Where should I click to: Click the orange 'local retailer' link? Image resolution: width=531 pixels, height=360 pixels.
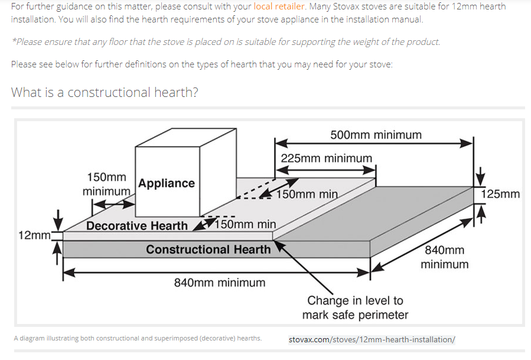click(x=279, y=7)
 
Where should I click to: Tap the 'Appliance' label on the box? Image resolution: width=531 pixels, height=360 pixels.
click(x=167, y=183)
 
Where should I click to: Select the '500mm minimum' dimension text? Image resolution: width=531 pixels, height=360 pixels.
click(x=376, y=135)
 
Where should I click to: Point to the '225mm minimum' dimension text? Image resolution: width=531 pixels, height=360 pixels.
click(x=327, y=158)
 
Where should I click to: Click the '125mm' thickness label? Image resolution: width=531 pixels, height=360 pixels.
click(x=500, y=194)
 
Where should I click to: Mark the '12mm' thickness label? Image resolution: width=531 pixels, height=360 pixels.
click(x=34, y=235)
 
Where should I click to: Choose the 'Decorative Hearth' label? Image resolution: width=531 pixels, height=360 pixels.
click(x=137, y=226)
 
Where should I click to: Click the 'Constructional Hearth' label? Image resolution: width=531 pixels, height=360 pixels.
click(x=209, y=249)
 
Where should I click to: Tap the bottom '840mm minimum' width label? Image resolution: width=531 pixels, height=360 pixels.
click(x=220, y=283)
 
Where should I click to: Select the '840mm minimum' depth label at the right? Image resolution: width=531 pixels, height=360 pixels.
click(x=445, y=257)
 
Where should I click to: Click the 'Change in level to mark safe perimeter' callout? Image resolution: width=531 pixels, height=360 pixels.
click(x=355, y=308)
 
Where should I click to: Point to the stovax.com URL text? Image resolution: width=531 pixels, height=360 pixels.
click(x=372, y=340)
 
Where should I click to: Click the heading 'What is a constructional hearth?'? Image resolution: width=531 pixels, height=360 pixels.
click(x=105, y=92)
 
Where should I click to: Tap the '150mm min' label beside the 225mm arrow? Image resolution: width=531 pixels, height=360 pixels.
click(x=307, y=194)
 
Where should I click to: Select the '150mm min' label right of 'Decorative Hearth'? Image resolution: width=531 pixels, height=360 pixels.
click(x=245, y=224)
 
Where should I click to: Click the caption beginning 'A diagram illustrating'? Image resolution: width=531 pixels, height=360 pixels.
click(x=138, y=338)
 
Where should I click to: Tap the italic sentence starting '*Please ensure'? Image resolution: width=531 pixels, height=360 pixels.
click(x=226, y=42)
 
